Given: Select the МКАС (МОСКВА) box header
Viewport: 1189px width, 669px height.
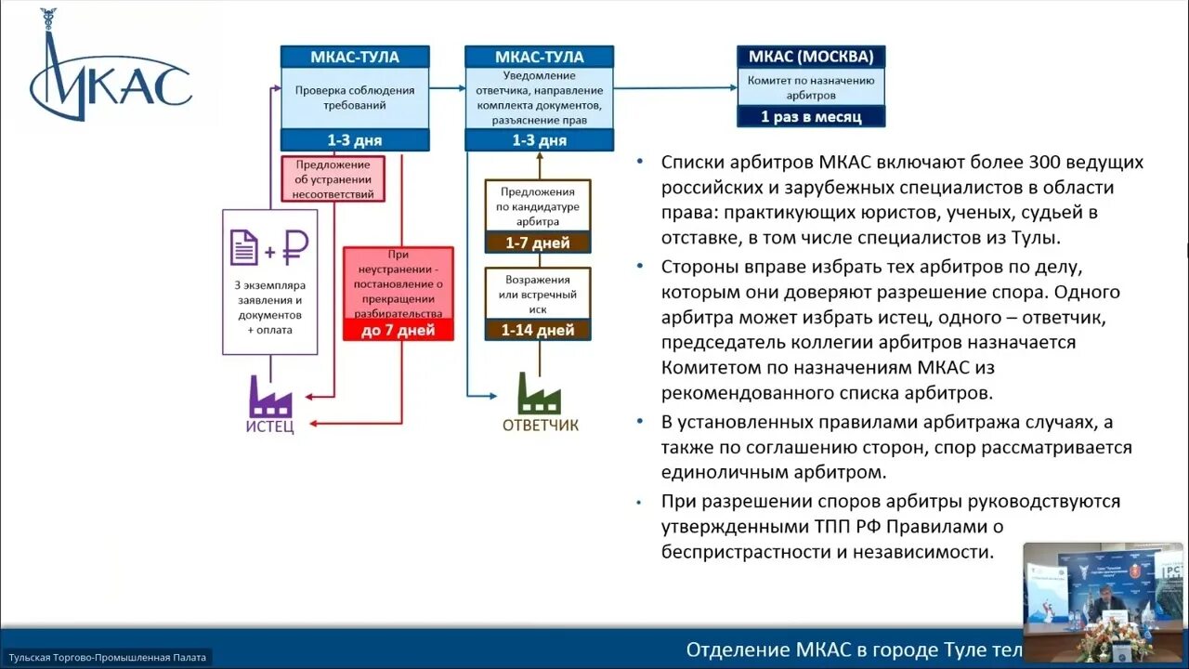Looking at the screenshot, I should coord(811,57).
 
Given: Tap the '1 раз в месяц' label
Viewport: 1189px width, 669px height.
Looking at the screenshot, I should coord(811,117).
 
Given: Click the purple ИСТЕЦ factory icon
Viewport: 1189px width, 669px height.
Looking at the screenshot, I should coord(270,397).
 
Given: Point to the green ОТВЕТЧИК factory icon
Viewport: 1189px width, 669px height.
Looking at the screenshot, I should coord(539,394).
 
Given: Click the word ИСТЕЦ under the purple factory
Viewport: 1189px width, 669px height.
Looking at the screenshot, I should coord(270,427).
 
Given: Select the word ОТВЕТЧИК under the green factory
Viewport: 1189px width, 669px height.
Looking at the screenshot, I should coord(540,425).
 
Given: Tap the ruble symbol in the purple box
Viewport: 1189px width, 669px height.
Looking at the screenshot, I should coord(295,248).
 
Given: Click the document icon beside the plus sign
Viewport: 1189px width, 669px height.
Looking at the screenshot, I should coord(244,248).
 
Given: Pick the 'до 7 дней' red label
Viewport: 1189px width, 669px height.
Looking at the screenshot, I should coord(398,331).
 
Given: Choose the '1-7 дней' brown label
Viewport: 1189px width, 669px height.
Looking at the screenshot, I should coord(537,243).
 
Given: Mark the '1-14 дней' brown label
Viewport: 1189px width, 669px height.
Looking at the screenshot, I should coord(537,329).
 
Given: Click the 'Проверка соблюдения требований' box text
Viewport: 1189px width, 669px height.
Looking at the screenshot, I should coord(355,98).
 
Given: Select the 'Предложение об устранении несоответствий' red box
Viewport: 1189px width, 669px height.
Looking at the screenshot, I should coord(333,179).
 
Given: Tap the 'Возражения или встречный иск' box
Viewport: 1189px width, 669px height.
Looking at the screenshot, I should coord(538,294).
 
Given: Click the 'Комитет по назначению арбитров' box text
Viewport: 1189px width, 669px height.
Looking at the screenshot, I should coord(811,87).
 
